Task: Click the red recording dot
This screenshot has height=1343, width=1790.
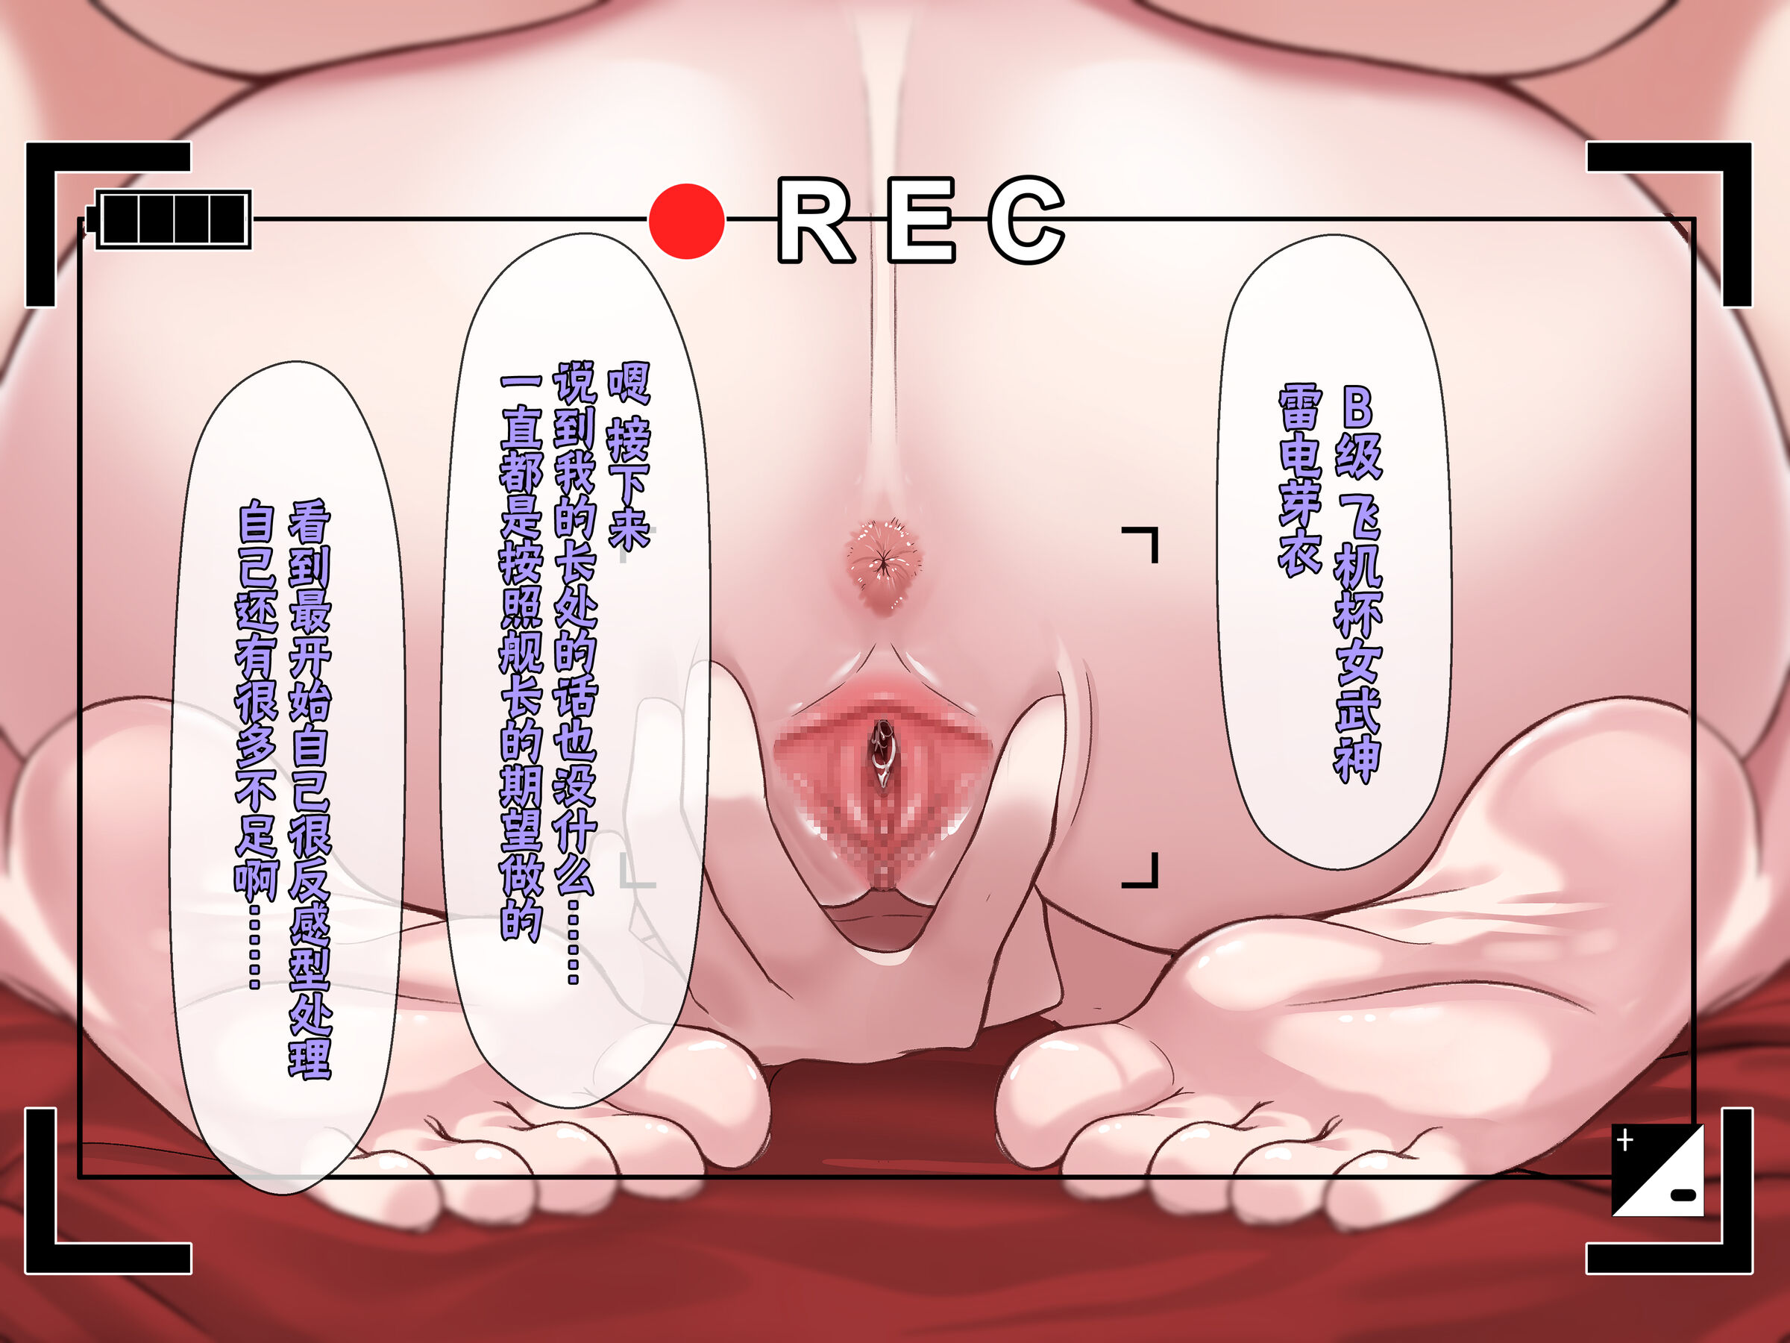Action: click(686, 221)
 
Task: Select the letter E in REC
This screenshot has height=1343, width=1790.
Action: click(921, 220)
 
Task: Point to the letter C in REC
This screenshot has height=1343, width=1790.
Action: click(1026, 220)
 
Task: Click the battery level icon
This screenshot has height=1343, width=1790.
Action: click(172, 219)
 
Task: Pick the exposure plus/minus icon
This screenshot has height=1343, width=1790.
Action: click(1657, 1170)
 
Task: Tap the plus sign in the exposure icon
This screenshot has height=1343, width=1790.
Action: click(1625, 1141)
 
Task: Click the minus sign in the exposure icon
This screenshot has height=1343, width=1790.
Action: click(1683, 1195)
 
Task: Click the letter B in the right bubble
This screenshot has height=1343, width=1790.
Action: click(1357, 407)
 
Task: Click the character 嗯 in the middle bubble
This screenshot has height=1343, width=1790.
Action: click(629, 383)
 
